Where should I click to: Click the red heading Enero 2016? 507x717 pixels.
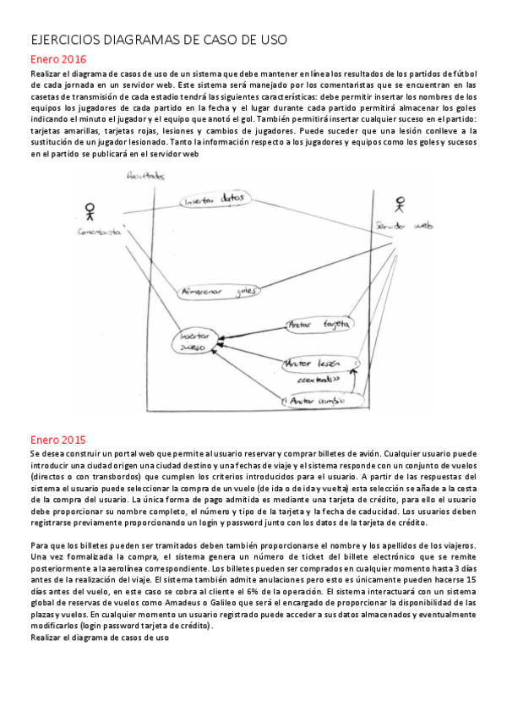[57, 59]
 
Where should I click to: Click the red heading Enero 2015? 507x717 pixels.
[57, 440]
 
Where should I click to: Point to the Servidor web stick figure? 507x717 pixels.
[400, 205]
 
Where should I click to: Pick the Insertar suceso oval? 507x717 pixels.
[195, 340]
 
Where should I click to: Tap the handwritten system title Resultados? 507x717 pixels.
[144, 176]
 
